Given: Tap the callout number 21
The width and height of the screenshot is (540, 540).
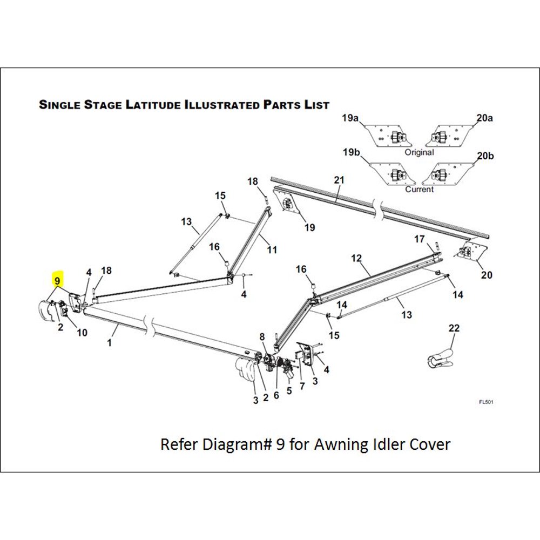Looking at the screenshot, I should (339, 180).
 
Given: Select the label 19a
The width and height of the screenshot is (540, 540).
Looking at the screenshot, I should (350, 118).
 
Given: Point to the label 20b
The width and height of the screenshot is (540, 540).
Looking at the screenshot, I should (485, 156).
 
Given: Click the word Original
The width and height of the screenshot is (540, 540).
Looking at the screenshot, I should (420, 152).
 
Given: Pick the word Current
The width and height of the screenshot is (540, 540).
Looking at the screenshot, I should (420, 190).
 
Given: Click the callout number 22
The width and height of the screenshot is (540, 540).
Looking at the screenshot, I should (454, 328).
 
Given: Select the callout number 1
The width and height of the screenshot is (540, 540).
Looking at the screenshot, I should (110, 343).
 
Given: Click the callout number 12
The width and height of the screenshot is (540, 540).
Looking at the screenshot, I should (356, 259).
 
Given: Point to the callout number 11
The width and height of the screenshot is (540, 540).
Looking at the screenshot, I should (272, 250).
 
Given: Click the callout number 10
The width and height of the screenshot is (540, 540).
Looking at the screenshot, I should (82, 333).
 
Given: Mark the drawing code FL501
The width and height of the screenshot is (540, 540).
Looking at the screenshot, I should (486, 402).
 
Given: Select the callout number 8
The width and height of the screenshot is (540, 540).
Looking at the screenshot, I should (263, 336).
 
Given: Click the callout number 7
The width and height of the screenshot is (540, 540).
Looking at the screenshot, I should (302, 386).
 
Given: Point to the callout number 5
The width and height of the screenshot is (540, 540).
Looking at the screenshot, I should (289, 390).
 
